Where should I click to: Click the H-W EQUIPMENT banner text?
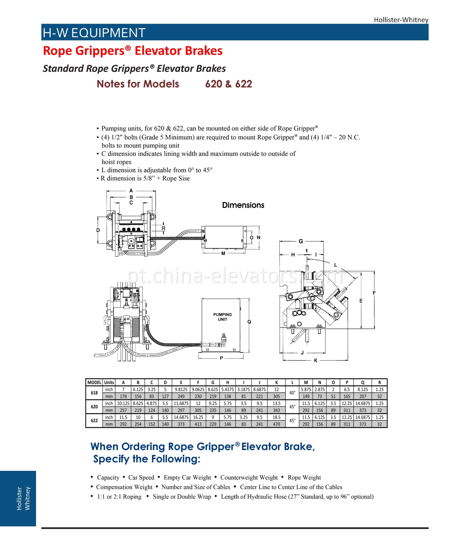coord(94,33)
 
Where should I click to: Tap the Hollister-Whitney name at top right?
coord(401,20)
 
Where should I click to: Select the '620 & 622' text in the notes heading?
coord(228,84)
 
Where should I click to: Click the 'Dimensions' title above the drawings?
coord(243,205)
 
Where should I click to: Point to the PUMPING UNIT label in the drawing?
coord(222,317)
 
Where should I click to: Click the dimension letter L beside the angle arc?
coord(335,265)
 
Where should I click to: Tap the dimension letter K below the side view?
coord(316,360)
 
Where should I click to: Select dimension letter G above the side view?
coord(301,241)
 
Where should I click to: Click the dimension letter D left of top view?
coord(98,230)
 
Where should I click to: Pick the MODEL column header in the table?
coord(94,383)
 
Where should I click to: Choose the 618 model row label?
coord(94,393)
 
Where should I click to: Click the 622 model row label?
coord(94,421)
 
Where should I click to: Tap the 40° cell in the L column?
coord(292,393)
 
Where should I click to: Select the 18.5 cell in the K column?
coord(277,417)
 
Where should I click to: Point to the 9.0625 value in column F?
coord(198,390)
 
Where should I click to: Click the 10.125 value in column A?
coord(123,403)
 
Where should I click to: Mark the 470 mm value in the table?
coord(277,424)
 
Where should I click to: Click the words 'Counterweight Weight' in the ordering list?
coord(249,477)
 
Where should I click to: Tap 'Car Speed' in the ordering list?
coord(141,477)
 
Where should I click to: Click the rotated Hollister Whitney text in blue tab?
coord(23,498)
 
